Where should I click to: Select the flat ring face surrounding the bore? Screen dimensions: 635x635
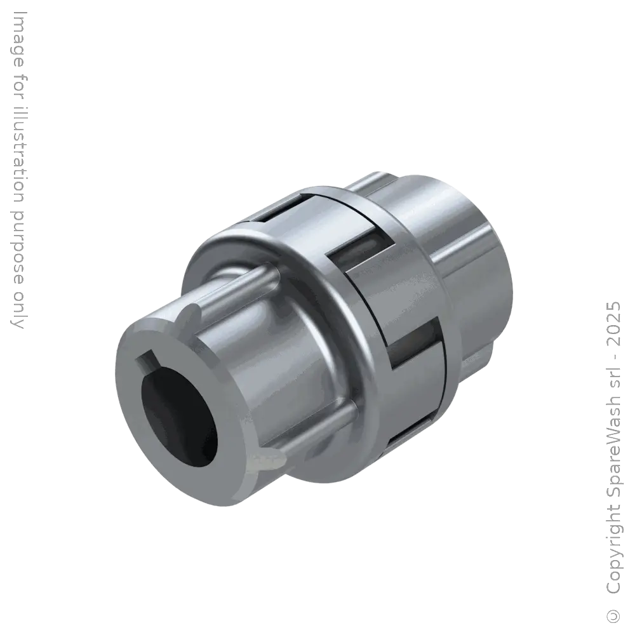216,381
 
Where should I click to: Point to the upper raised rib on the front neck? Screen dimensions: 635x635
241,283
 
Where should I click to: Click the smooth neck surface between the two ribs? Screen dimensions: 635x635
279,356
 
